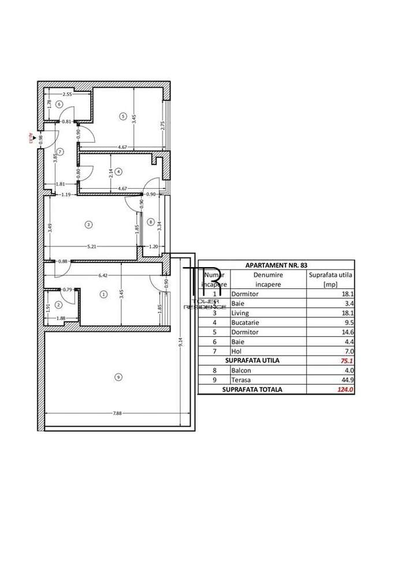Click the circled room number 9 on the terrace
tap(118, 377)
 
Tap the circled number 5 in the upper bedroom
tap(122, 116)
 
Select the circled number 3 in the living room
tap(88, 224)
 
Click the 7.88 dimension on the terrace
tap(117, 413)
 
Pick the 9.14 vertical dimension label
tap(181, 342)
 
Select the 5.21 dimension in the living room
tap(91, 246)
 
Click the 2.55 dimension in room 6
tap(67, 94)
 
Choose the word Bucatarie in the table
tap(244, 323)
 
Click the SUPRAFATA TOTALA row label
tap(253, 389)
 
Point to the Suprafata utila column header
tap(329, 276)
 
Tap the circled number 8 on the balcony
tap(150, 222)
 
